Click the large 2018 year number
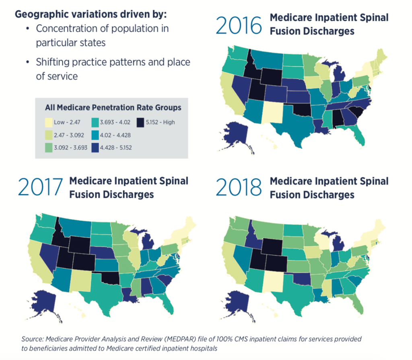[239, 187]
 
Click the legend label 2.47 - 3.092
[70, 135]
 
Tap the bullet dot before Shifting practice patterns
[27, 63]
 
